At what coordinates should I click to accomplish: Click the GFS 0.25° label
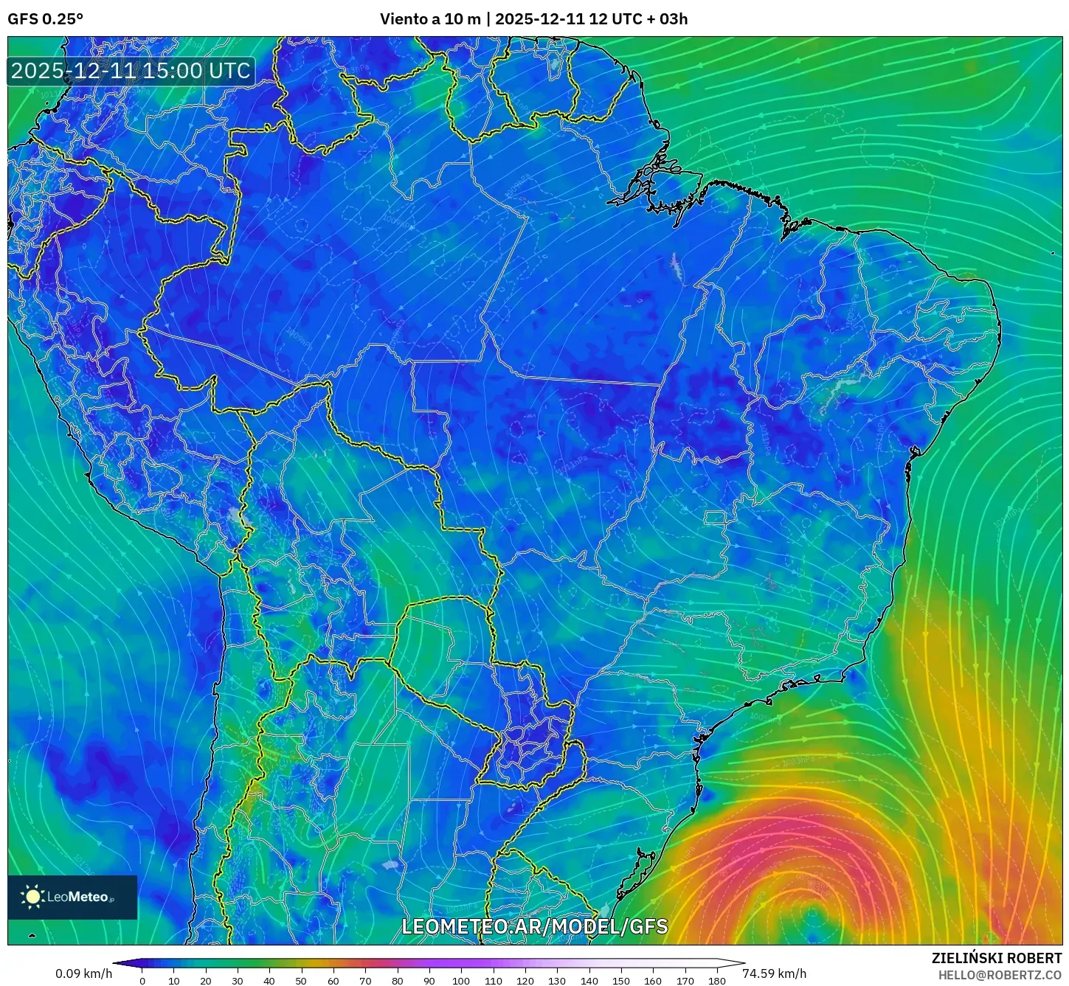click(x=45, y=19)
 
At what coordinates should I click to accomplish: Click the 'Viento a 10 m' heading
click(x=430, y=19)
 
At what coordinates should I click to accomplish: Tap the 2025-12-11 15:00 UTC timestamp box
click(x=131, y=71)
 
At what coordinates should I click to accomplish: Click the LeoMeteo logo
click(x=72, y=897)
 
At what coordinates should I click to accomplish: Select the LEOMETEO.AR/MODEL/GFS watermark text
click(x=534, y=926)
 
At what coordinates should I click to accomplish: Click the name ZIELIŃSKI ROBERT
click(x=996, y=958)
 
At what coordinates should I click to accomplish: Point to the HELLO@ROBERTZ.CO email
click(x=1000, y=975)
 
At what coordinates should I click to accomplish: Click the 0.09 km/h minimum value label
click(x=83, y=973)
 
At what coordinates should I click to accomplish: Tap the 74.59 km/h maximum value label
click(x=774, y=973)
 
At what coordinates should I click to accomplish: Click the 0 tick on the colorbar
click(x=142, y=980)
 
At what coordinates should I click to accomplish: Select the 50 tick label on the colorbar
click(x=301, y=980)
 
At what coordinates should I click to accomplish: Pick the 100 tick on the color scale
click(x=461, y=980)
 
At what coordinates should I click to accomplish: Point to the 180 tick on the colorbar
click(x=716, y=980)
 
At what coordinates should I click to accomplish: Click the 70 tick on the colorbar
click(x=365, y=980)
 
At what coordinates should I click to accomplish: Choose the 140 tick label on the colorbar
click(x=589, y=980)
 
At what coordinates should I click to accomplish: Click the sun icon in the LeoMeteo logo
click(x=32, y=897)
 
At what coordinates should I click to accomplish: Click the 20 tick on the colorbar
click(x=206, y=980)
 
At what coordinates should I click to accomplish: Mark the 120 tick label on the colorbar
click(x=525, y=980)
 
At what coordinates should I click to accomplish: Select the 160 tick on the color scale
click(x=653, y=980)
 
